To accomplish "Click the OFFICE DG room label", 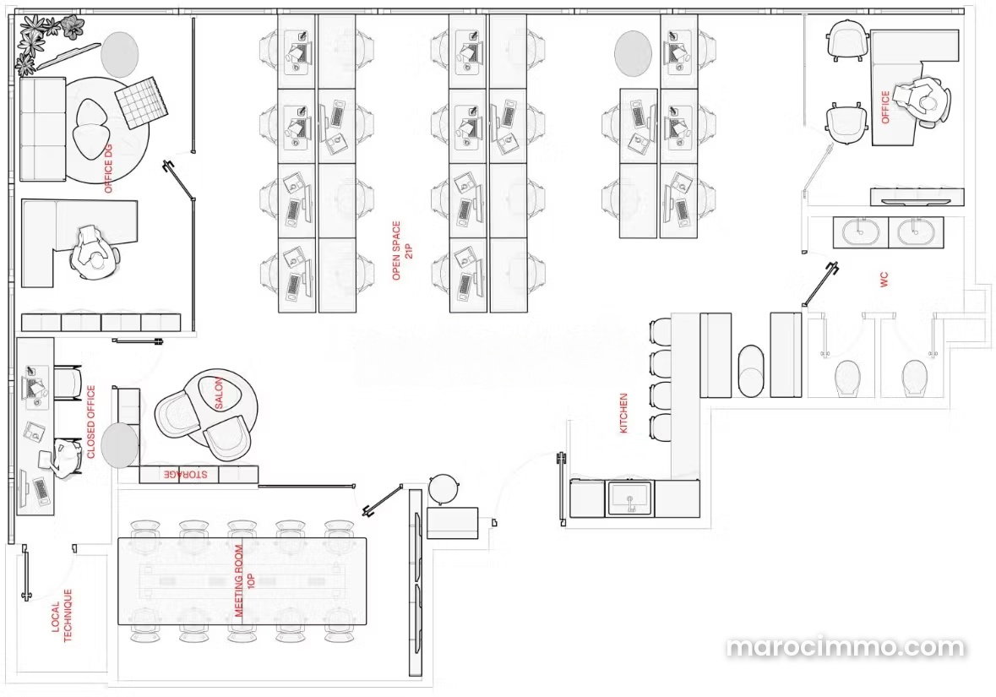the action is (x=108, y=168).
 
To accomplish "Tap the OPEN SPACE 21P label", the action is (x=402, y=250).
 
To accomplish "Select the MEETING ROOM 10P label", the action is (x=245, y=580).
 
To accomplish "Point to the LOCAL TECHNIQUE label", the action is (x=62, y=615).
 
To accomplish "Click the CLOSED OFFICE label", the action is (x=91, y=422).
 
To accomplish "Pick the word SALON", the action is (x=219, y=394).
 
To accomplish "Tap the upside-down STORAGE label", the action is (x=186, y=474).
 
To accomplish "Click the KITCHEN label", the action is (x=623, y=413).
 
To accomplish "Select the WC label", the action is (x=884, y=280).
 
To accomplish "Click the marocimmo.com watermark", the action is (x=846, y=647).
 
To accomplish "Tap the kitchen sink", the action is (x=629, y=497).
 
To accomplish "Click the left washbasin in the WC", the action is (x=859, y=231).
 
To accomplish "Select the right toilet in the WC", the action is (x=914, y=378).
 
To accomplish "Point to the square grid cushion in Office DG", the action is (x=142, y=102).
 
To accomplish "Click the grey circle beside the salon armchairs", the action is (x=119, y=445).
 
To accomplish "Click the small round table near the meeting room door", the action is (x=444, y=489).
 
